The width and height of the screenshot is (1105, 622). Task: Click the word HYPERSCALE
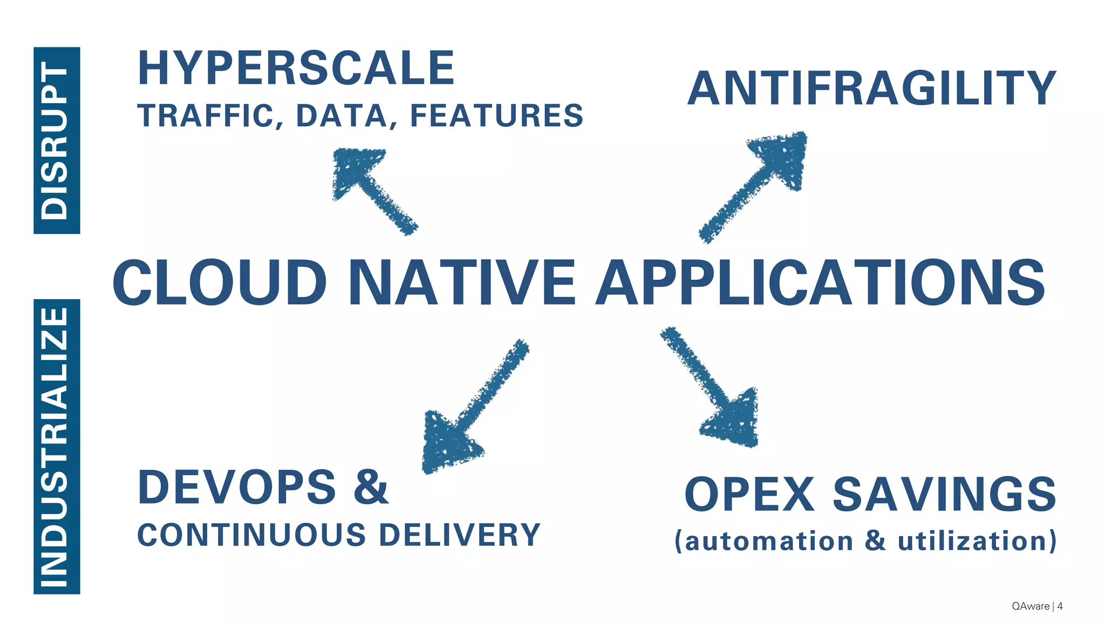(x=296, y=68)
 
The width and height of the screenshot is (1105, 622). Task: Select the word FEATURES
(x=496, y=116)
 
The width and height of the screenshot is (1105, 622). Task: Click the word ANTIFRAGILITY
(x=871, y=88)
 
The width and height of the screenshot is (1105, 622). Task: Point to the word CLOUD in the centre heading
(x=219, y=283)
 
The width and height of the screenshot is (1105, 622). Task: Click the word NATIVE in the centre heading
(x=462, y=283)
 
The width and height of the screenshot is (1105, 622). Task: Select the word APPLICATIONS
(x=820, y=283)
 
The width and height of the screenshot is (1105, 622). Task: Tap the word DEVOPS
(x=237, y=488)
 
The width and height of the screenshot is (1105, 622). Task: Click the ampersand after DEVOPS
(x=371, y=488)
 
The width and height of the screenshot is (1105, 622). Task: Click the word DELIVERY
(x=459, y=535)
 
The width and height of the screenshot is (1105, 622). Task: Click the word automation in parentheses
(x=769, y=541)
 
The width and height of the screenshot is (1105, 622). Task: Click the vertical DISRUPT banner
(x=57, y=140)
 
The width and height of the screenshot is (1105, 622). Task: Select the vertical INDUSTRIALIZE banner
(x=57, y=447)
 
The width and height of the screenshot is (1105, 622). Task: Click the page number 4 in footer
(x=1060, y=606)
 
